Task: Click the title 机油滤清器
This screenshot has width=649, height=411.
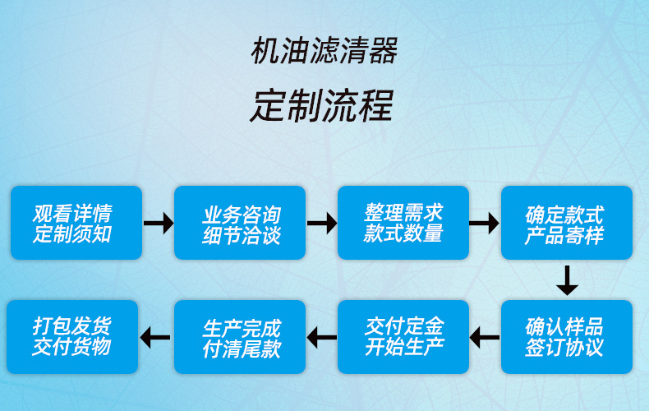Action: (324, 52)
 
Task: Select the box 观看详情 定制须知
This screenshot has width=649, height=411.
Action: (76, 223)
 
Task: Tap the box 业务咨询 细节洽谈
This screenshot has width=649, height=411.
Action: (240, 223)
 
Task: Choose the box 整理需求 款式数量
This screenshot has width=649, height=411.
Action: (403, 223)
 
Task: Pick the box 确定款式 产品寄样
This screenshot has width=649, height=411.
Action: (566, 223)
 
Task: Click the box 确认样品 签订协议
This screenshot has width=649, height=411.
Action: (566, 337)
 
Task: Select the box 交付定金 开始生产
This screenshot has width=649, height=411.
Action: (403, 337)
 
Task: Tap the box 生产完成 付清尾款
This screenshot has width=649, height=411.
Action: (240, 337)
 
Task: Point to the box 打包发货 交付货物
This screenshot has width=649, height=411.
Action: (72, 337)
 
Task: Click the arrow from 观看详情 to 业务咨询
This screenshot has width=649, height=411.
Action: (158, 222)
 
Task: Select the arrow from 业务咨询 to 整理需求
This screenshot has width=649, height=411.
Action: (321, 222)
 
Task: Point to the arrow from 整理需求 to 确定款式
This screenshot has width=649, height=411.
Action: (485, 222)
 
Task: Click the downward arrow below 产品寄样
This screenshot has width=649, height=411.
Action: (566, 280)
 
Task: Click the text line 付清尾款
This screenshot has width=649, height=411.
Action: (241, 349)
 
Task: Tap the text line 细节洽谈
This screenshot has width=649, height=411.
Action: (241, 235)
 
